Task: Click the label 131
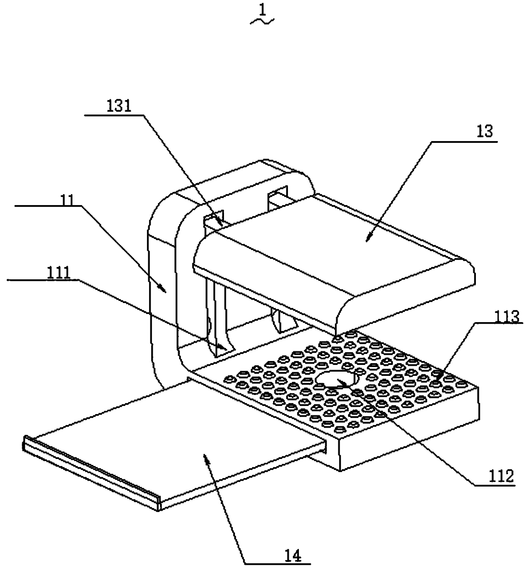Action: click(x=120, y=106)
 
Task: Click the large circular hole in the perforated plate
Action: click(x=337, y=378)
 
